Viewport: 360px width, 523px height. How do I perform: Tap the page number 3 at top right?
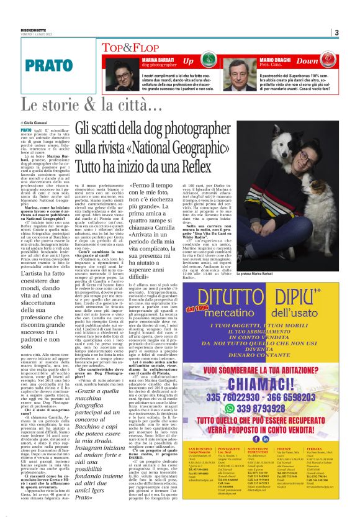(x=336, y=32)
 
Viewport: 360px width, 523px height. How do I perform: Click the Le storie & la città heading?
(x=92, y=105)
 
